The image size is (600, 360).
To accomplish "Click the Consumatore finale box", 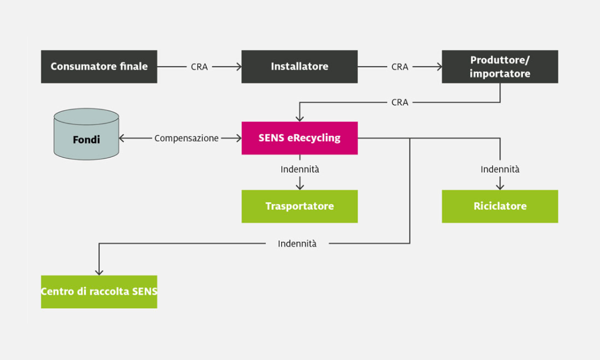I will pos(99,66).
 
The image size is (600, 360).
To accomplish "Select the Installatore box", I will pos(299,66).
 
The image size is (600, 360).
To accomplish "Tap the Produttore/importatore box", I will pos(500,66).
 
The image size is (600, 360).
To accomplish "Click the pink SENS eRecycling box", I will pos(299,138).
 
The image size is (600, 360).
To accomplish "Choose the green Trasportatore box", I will pos(299,206).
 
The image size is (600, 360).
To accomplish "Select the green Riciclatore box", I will pos(500,206).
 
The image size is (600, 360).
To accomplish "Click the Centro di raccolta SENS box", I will pos(99,291).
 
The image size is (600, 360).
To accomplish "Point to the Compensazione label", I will pos(186,138).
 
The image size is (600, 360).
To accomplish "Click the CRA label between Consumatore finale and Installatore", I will pos(199,67).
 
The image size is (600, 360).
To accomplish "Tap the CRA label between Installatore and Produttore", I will pos(400,67).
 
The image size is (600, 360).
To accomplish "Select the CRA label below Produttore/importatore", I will pos(400,102).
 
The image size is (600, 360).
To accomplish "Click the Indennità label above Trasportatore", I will pos(299,169).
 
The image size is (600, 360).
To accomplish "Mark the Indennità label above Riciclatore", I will pos(500,169).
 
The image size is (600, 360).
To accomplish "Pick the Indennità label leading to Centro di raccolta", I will pos(297,244).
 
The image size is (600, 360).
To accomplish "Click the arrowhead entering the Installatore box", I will pos(239,66).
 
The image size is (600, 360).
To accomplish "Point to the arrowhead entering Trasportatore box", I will pos(299,186).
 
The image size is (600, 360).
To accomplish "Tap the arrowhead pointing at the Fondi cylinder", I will pos(122,138).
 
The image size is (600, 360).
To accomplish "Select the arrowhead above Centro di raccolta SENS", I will pos(99,272).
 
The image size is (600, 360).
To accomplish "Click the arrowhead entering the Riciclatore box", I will pos(500,186).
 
